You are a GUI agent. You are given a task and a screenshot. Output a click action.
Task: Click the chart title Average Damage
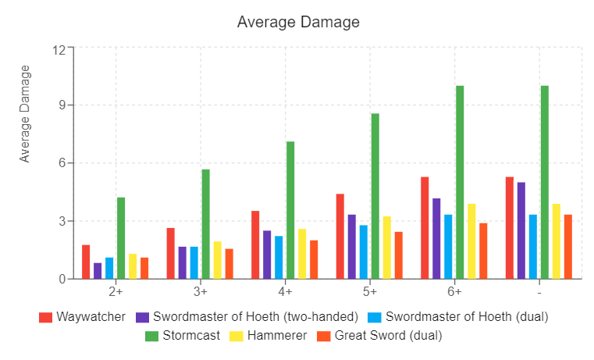[x=298, y=22]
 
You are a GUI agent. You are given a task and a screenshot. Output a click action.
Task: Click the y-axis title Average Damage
[x=25, y=114]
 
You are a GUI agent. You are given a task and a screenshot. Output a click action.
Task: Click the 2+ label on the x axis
[x=116, y=292]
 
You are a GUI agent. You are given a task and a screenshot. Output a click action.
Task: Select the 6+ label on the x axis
[x=455, y=292]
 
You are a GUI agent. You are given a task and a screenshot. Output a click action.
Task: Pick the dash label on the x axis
[x=539, y=292]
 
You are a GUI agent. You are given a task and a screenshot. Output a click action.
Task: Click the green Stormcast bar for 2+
[x=121, y=237]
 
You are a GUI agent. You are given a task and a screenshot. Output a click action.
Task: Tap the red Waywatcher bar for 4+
[x=255, y=244]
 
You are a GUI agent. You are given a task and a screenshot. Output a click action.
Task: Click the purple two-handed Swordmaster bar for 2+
[x=98, y=270]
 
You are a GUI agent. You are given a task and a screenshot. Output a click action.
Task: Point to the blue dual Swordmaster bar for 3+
[x=194, y=262]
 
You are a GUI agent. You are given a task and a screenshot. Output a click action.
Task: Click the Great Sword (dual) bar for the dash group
[x=568, y=246]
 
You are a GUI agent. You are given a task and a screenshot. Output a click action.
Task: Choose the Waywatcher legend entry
[x=82, y=317]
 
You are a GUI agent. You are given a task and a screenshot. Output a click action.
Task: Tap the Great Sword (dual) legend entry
[x=379, y=336]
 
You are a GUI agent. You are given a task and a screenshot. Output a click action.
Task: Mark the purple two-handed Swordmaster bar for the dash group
[x=521, y=230]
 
